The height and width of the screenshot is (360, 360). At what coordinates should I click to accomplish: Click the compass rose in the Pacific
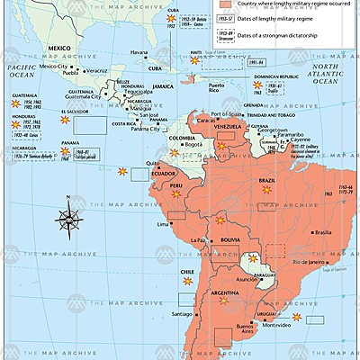tap(69, 218)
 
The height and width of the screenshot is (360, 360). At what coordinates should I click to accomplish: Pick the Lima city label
tap(162, 222)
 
